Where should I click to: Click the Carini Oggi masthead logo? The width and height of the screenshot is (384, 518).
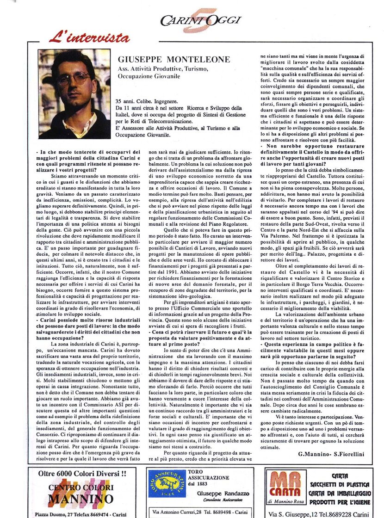(x=201, y=21)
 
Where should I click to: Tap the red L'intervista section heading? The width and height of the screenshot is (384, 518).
(x=89, y=37)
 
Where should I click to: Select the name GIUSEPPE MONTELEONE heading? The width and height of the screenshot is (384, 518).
(x=173, y=60)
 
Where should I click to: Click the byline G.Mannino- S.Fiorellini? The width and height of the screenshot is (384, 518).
(x=331, y=454)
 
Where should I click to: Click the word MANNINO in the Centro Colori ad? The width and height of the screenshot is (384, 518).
(x=81, y=499)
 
